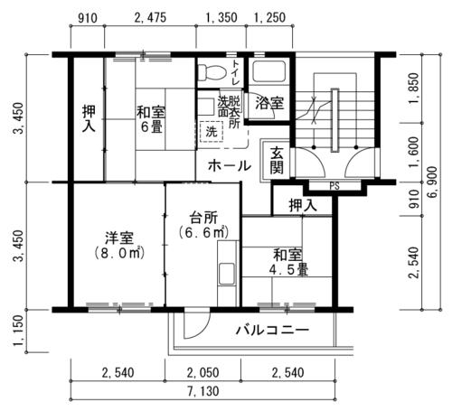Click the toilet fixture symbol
[x=212, y=71]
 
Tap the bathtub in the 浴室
[x=268, y=71]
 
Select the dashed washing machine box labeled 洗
[x=211, y=131]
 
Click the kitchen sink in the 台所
[x=227, y=274]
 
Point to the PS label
[x=334, y=186]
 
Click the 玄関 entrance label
[x=277, y=161]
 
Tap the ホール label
[x=230, y=165]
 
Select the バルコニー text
[x=272, y=330]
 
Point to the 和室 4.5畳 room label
[x=288, y=262]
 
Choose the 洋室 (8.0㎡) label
[x=119, y=246]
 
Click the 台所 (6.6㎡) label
[x=203, y=225]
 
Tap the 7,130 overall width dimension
[x=203, y=391]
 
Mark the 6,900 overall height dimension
[x=432, y=182]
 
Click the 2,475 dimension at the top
[x=150, y=17]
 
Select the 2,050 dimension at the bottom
[x=202, y=373]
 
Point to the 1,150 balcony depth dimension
[x=19, y=331]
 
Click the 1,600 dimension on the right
[x=414, y=153]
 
